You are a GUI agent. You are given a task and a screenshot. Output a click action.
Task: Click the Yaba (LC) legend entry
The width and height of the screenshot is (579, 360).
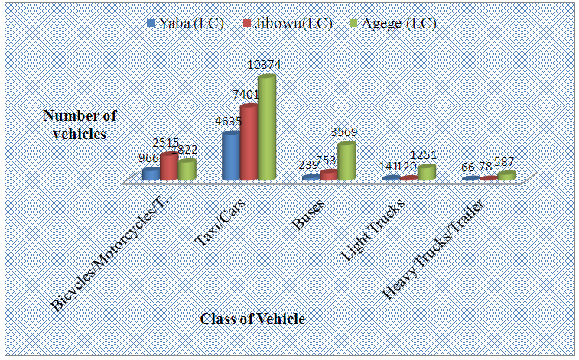[x=187, y=24]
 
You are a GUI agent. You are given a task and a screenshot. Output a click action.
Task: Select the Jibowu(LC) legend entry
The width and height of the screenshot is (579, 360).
[x=288, y=24]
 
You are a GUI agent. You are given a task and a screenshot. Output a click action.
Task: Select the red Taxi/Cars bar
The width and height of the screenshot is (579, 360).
[x=249, y=143]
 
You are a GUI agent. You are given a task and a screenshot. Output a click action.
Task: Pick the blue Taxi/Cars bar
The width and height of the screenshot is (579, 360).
[x=230, y=157]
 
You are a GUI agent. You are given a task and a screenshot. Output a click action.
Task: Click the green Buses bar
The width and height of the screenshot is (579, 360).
[x=346, y=161]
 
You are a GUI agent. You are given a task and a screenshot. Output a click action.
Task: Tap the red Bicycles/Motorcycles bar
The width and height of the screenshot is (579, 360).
[x=169, y=167]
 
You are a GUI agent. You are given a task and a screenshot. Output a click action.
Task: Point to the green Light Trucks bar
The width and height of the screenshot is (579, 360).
[x=426, y=172]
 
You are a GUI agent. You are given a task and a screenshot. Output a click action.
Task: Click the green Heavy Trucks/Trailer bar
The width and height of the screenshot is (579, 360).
[x=506, y=175]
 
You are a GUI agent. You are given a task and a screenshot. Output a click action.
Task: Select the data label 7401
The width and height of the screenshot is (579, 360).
[x=246, y=95]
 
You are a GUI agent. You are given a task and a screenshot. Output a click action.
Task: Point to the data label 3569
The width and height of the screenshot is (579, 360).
[x=344, y=133]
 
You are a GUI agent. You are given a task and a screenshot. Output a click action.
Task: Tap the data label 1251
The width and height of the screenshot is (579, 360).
[x=424, y=156]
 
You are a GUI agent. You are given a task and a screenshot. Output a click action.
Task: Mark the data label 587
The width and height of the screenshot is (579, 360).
[x=503, y=163]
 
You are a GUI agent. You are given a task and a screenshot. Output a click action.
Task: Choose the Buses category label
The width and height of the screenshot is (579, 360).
[x=309, y=213]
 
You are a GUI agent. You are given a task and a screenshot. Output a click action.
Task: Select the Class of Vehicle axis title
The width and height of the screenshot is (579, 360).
[x=252, y=319]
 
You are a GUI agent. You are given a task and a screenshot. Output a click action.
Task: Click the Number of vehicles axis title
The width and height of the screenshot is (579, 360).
[x=80, y=124]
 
